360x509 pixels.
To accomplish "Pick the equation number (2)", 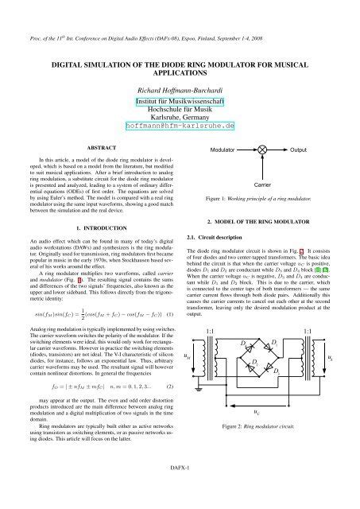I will tap(170, 387).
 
